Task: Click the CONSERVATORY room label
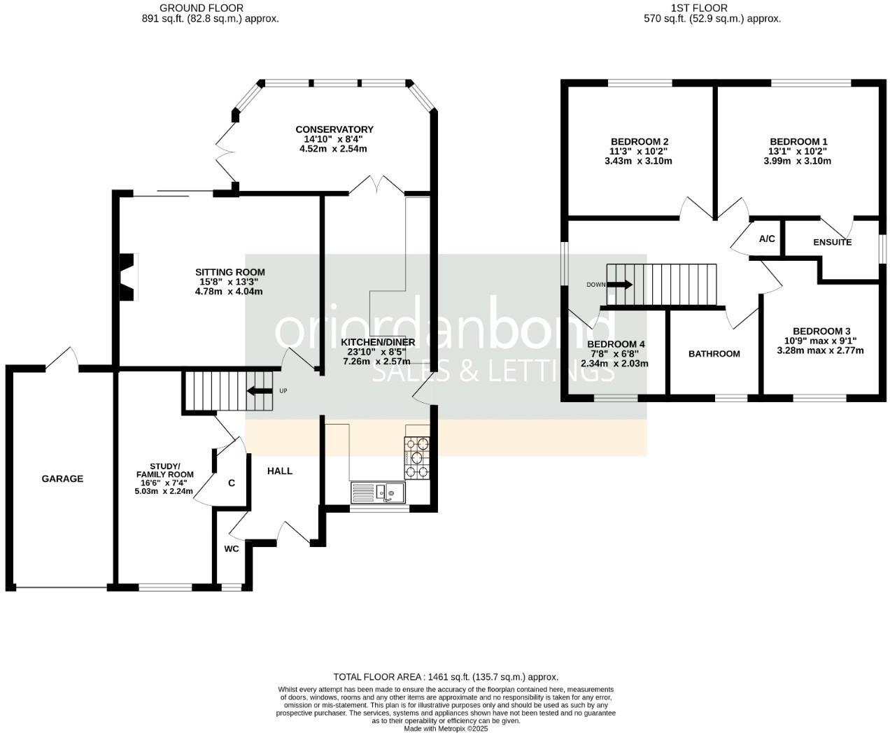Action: tap(334, 129)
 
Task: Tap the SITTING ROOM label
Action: tap(229, 272)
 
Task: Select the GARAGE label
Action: tap(62, 479)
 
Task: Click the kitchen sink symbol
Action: tap(379, 492)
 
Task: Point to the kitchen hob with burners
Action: tap(417, 458)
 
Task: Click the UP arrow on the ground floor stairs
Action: tap(260, 391)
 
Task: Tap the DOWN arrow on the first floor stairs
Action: tap(619, 285)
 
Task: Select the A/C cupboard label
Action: tap(767, 239)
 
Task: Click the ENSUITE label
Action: tap(832, 243)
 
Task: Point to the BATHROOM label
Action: tap(714, 354)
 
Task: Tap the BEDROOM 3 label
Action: tap(821, 331)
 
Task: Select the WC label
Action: tap(232, 549)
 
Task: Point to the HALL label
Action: tap(280, 471)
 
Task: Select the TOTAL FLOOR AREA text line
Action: tap(446, 676)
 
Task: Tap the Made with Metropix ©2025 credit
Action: tap(446, 728)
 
